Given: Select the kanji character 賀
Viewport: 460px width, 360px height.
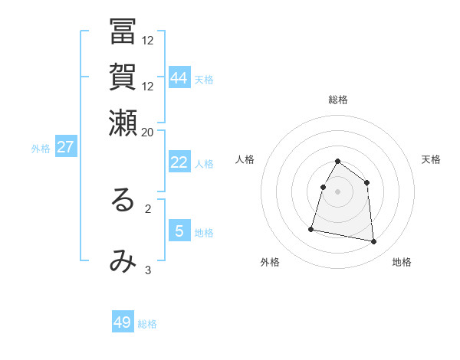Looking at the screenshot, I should (x=123, y=80).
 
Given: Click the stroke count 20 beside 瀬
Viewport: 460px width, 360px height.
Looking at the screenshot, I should (x=148, y=132).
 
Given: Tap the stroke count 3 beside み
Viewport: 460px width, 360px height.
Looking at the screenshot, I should (x=148, y=270).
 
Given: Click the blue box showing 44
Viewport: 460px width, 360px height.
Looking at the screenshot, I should (x=179, y=78).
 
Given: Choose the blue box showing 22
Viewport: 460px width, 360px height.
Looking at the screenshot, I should (x=179, y=162).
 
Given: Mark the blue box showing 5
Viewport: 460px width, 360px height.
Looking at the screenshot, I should (x=179, y=231).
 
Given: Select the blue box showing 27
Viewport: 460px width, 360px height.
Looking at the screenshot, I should (x=66, y=147).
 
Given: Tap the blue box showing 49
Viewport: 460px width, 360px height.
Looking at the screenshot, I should (x=123, y=322).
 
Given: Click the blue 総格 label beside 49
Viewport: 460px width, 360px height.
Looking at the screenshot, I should (x=147, y=324).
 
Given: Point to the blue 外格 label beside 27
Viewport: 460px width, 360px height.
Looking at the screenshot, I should (x=41, y=149).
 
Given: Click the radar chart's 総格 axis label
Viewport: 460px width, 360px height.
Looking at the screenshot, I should (x=338, y=100).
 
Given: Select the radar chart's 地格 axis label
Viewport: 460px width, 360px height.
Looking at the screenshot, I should (x=402, y=262).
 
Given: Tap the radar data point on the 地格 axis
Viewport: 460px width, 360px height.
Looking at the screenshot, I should (x=374, y=242).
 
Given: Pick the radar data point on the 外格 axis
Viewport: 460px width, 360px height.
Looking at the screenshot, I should (x=311, y=228).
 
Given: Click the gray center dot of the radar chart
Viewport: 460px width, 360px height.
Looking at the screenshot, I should (x=338, y=191).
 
